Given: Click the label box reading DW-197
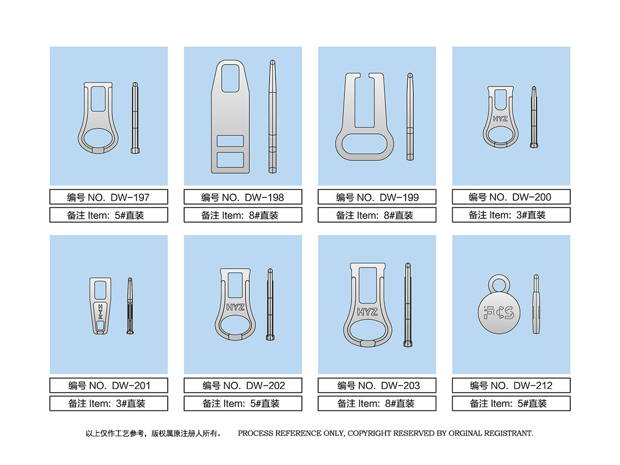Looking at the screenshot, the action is tap(109, 197).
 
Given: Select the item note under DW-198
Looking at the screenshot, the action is tap(243, 216).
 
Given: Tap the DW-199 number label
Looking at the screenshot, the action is tap(377, 197).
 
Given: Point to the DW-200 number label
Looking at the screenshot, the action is tap(511, 197).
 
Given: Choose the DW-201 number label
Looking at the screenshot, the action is tap(109, 386).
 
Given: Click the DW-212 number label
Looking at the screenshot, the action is tap(511, 386).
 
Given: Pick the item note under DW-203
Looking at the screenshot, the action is tap(377, 404).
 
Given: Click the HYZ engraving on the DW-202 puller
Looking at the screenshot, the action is tap(235, 307).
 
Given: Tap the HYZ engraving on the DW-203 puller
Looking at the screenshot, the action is tap(367, 312).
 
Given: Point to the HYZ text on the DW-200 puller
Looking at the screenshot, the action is tap(500, 119).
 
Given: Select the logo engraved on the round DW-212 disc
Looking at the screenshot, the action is tap(499, 312).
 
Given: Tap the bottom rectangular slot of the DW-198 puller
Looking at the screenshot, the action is tap(231, 160).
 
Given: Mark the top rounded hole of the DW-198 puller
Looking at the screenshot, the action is tap(230, 78).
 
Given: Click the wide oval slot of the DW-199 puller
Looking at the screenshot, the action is tap(365, 144).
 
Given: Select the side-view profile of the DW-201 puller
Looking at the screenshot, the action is tap(130, 306).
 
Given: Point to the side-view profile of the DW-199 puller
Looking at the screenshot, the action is tap(410, 117).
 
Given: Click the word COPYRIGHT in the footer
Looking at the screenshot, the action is tap(370, 433).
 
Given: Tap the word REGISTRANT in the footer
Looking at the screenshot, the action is tap(508, 433).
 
